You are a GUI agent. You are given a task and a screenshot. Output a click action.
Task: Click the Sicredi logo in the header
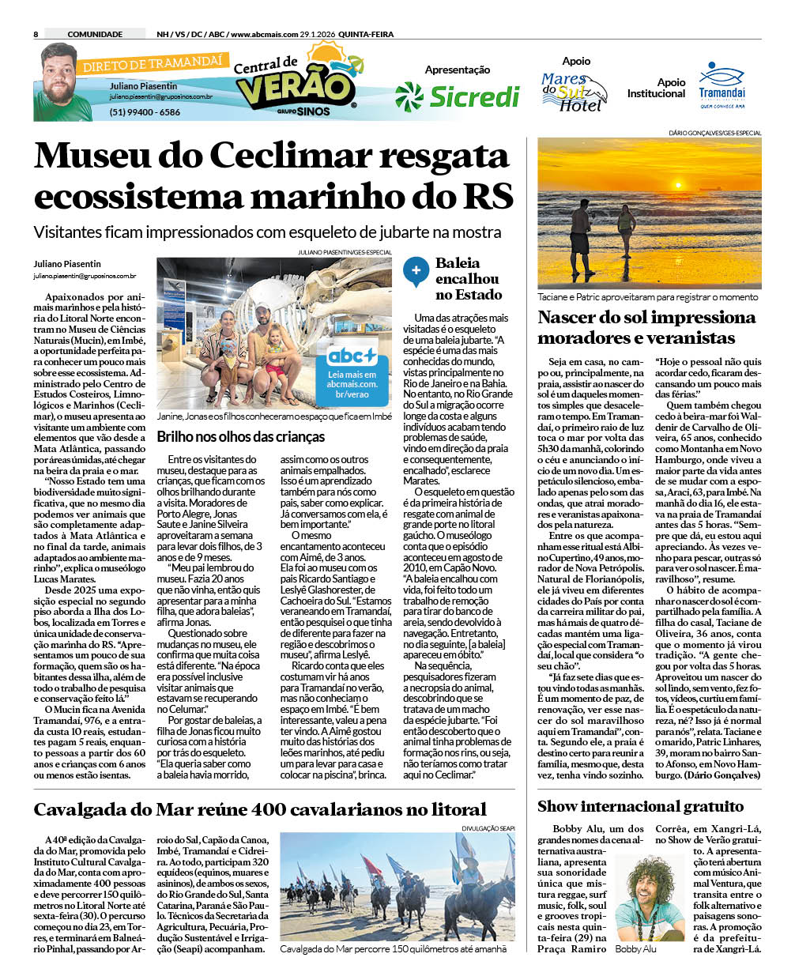(457, 96)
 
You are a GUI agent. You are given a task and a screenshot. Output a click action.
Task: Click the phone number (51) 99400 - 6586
(145, 112)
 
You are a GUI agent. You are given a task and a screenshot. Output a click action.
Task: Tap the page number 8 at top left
(36, 34)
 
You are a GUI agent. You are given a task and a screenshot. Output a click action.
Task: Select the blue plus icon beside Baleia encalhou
(416, 271)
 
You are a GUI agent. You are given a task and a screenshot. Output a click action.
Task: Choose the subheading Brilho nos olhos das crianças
(240, 436)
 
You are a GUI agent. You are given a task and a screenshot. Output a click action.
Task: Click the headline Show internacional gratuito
(640, 806)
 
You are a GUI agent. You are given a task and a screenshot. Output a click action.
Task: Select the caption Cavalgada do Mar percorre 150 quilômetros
(393, 948)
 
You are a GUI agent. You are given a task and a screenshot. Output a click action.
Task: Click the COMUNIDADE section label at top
(95, 34)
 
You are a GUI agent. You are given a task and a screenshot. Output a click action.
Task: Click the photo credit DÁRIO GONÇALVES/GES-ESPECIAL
(714, 133)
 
